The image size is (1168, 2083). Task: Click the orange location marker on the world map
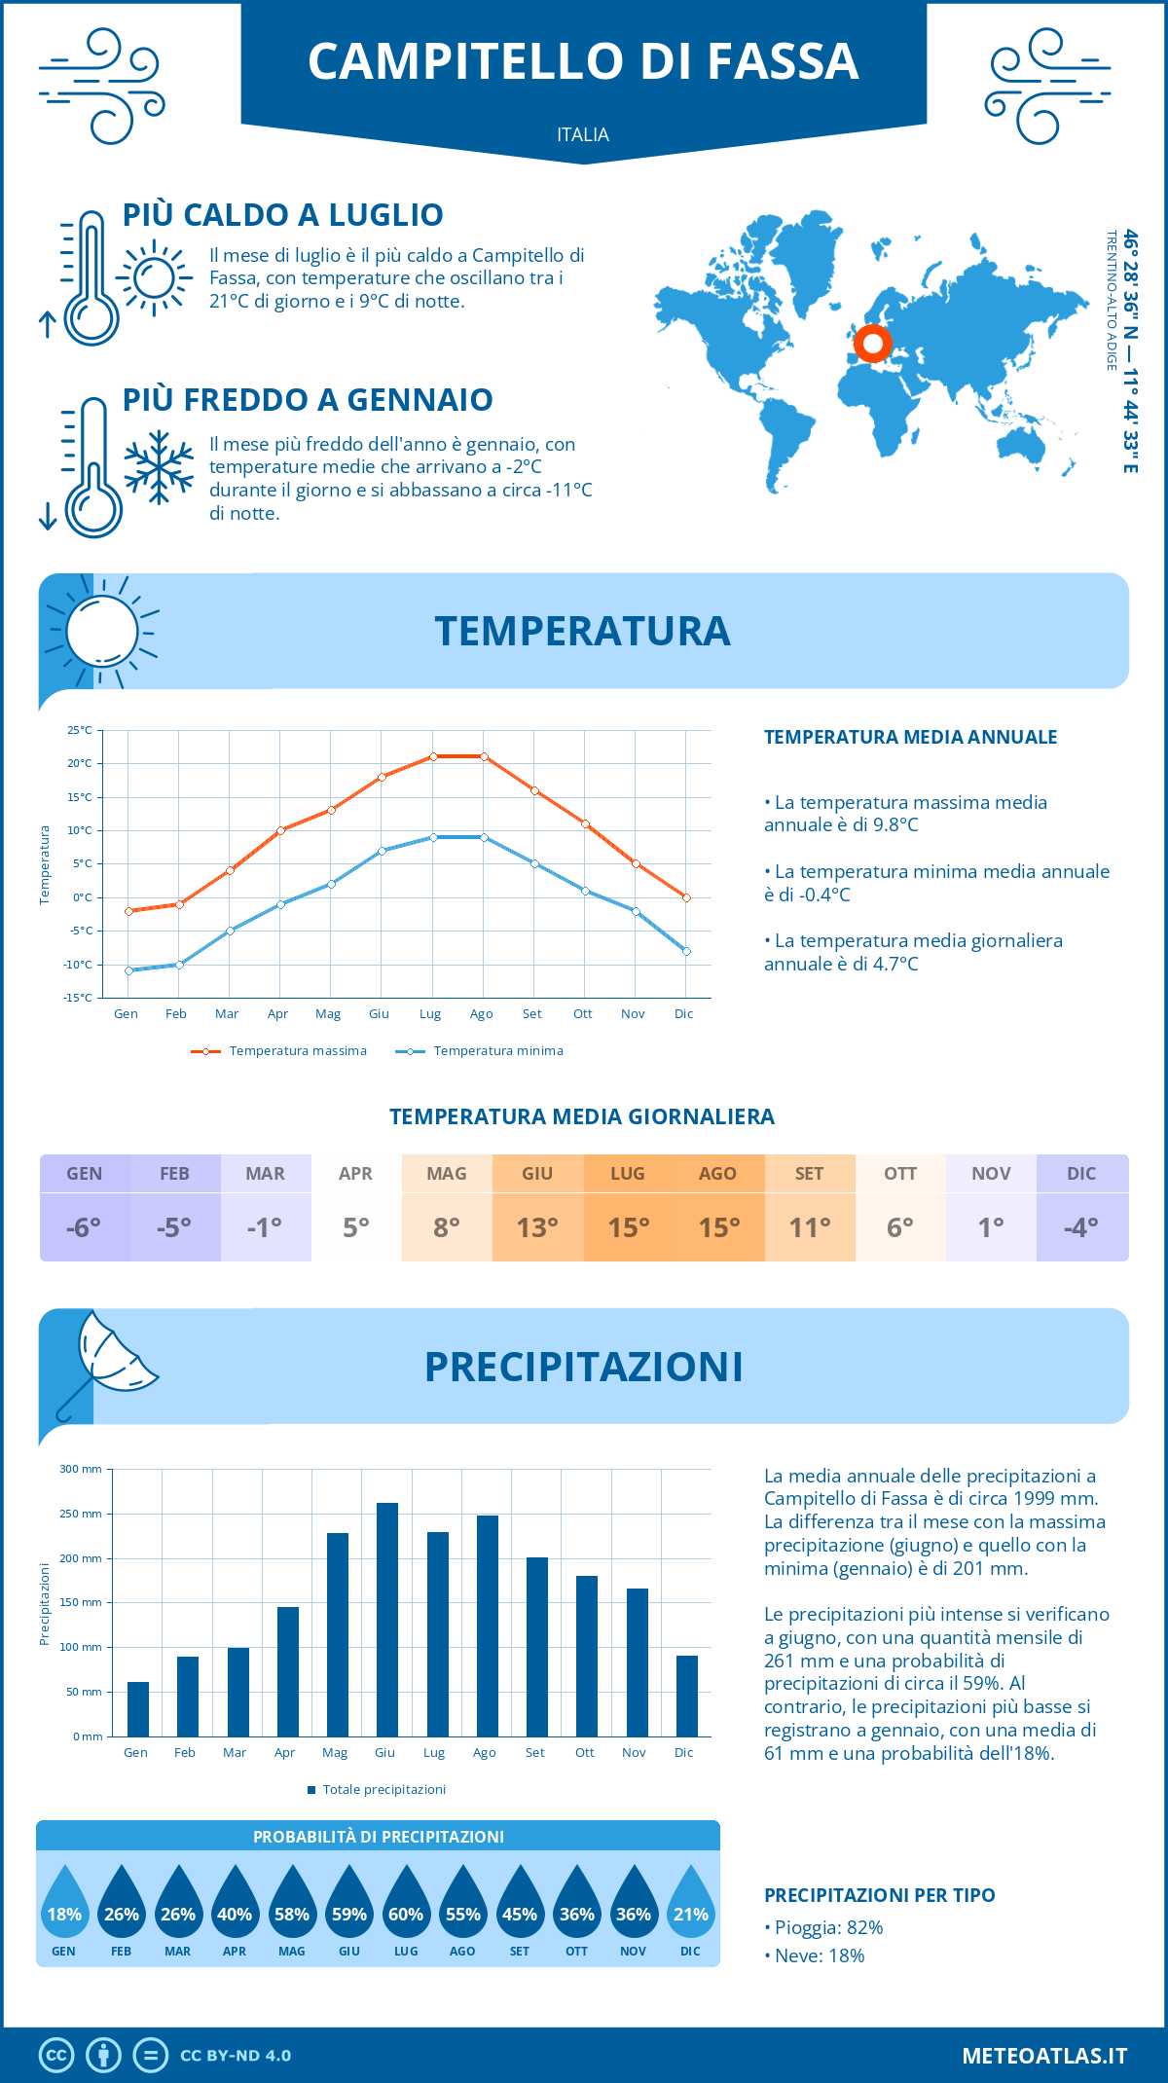coord(873,344)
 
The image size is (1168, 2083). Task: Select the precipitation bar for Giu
coord(387,1620)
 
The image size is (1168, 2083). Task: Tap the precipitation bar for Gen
coord(138,1709)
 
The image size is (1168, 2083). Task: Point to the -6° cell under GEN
coord(85,1227)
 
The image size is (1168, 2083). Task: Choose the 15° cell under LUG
coord(629,1227)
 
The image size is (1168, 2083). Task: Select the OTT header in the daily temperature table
coord(900,1174)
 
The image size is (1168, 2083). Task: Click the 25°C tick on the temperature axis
coord(80,730)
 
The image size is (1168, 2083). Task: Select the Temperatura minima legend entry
coord(481,1051)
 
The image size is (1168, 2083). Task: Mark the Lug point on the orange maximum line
coord(433,756)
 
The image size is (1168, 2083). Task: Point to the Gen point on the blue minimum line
coord(128,970)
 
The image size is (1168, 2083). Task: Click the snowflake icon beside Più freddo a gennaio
coord(159,467)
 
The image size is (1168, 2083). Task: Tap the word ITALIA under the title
coord(583,134)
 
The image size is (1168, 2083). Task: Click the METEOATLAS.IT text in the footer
coord(1044,2056)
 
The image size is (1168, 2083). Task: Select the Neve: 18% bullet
coord(815,1956)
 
